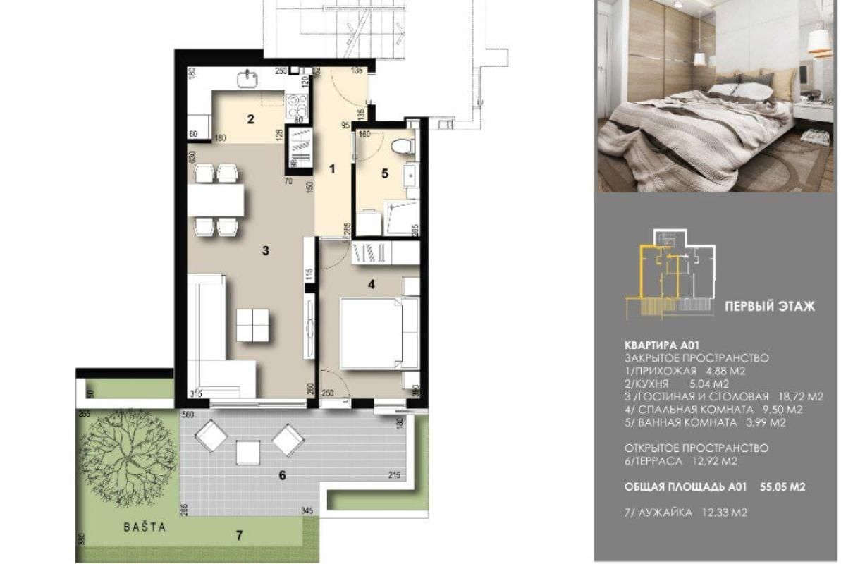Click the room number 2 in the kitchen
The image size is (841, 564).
(x=250, y=119)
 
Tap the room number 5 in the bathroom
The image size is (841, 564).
(x=385, y=173)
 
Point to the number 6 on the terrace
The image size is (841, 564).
(x=282, y=475)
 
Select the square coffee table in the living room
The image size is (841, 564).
(x=252, y=325)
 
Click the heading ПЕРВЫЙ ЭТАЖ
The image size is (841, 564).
(x=770, y=307)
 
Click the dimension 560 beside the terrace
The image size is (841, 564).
(x=188, y=415)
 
